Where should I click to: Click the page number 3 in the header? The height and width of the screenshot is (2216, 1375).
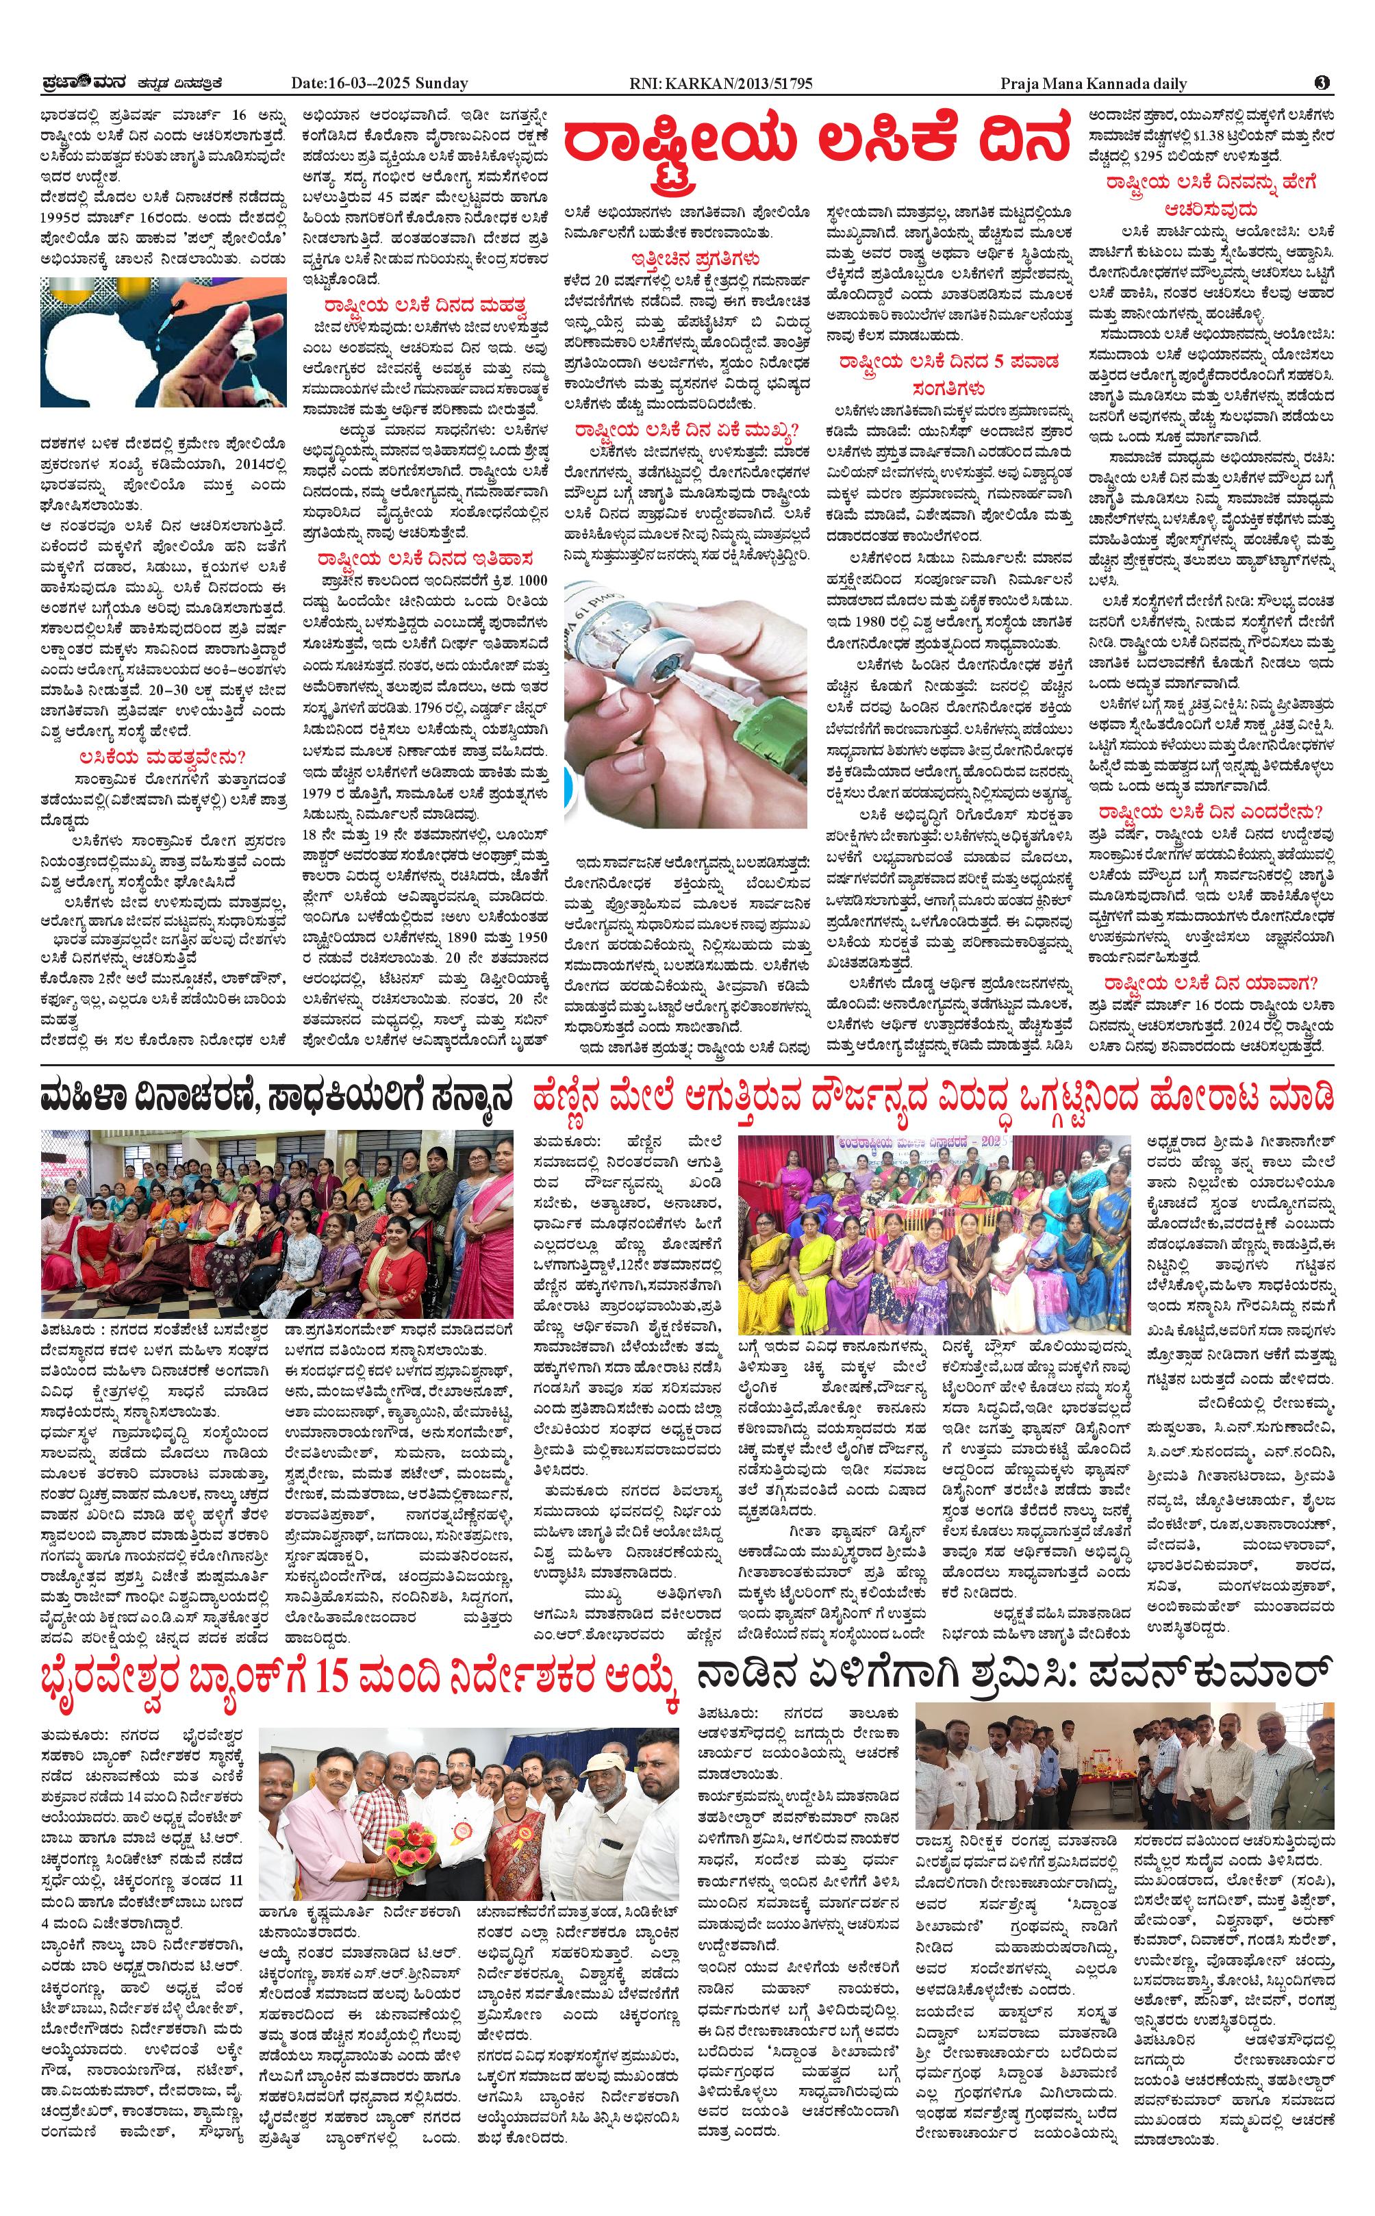(1322, 83)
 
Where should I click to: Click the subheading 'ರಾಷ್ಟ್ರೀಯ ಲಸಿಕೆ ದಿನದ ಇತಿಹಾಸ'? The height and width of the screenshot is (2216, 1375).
(425, 558)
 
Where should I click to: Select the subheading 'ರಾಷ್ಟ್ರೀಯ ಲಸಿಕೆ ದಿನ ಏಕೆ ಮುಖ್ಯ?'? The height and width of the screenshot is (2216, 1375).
(685, 429)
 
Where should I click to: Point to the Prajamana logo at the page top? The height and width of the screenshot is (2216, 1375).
(86, 83)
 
